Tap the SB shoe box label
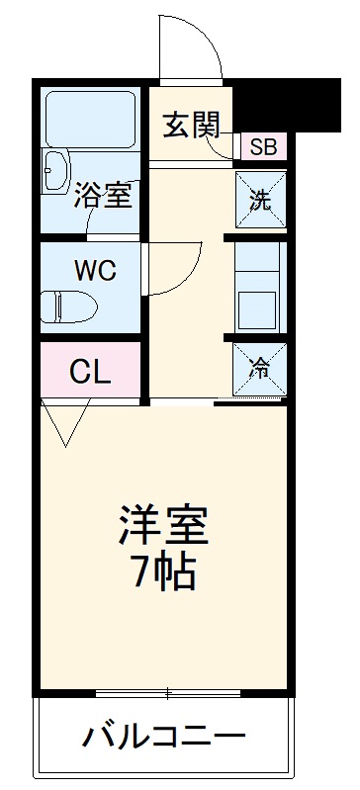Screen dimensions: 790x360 coord(263,148)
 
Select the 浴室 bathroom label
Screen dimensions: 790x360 coord(102,196)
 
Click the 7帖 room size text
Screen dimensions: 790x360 coord(164,571)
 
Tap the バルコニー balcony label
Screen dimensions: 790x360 coord(163,737)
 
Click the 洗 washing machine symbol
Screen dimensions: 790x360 coord(260,199)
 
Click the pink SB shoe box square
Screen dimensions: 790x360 coord(263,148)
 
